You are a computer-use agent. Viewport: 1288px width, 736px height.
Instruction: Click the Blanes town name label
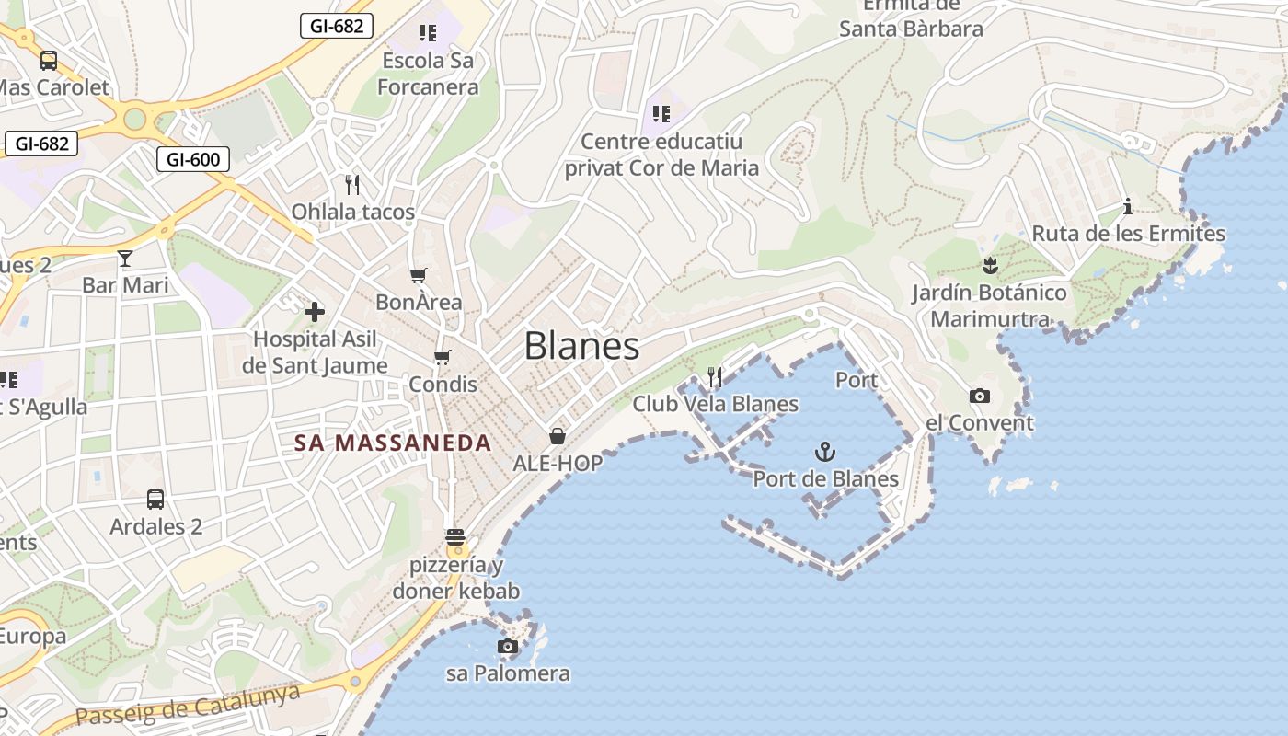click(x=581, y=346)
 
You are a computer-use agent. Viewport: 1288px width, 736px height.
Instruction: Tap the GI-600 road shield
click(x=193, y=159)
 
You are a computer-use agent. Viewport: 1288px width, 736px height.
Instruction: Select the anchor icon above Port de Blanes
click(x=825, y=452)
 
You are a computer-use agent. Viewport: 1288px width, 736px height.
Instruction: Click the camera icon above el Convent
click(x=980, y=397)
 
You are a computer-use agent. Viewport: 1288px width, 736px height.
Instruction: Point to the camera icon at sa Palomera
click(x=507, y=647)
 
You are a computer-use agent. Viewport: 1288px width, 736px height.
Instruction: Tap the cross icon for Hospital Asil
click(x=315, y=312)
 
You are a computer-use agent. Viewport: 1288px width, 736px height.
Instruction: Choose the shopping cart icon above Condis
click(x=443, y=357)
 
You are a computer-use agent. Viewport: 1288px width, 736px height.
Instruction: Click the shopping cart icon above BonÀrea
click(x=419, y=275)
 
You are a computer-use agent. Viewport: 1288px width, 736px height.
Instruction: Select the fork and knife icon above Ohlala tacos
click(x=351, y=184)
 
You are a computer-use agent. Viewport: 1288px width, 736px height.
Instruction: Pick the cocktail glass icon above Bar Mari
click(x=125, y=259)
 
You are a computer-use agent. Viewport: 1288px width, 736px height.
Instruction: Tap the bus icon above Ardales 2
click(x=155, y=500)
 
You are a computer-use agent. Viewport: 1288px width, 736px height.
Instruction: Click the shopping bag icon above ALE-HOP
click(x=557, y=435)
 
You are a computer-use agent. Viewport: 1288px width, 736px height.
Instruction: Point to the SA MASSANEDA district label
click(x=393, y=443)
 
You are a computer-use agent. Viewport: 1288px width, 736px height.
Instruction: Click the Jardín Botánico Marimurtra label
click(x=990, y=306)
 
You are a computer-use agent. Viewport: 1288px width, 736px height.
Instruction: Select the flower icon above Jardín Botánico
click(x=990, y=267)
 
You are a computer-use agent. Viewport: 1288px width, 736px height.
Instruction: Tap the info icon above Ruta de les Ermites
click(x=1128, y=206)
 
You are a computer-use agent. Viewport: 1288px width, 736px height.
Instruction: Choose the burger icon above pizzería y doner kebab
click(x=455, y=537)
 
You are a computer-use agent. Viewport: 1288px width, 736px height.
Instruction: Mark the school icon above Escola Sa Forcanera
click(x=428, y=33)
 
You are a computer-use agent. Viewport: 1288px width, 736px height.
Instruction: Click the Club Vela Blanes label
click(x=715, y=404)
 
